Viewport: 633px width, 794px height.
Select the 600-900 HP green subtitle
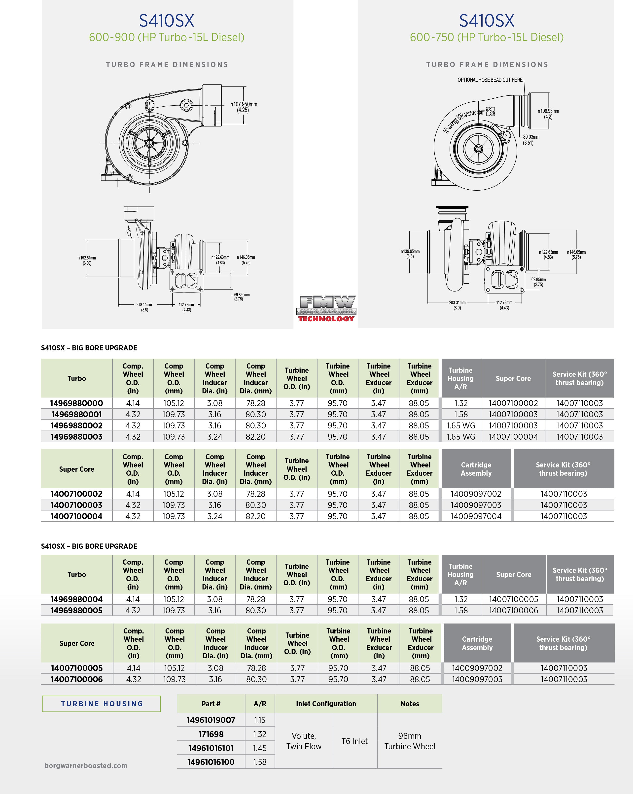167,38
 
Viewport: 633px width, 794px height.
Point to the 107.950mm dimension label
244,107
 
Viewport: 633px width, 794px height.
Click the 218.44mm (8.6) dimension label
144,307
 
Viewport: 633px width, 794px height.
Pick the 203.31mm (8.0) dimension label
457,305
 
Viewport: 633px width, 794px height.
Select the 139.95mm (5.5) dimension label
410,254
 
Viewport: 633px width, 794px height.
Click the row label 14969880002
76,425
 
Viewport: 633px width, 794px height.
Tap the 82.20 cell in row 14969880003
256,437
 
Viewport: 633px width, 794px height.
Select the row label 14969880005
76,610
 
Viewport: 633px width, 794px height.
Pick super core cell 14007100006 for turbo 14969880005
513,610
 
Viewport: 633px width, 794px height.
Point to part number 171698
211,734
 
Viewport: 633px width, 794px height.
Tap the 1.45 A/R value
260,748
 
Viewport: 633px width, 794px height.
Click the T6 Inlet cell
354,741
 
